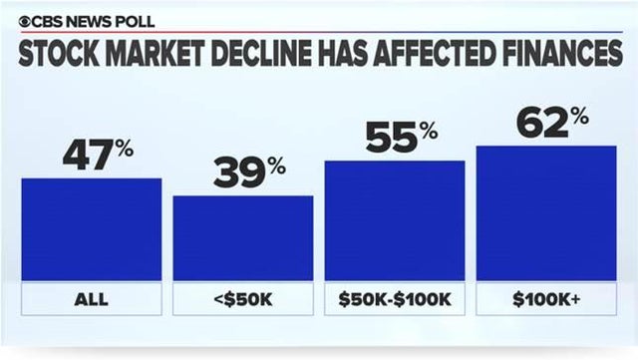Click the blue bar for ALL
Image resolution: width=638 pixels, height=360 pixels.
coord(91,229)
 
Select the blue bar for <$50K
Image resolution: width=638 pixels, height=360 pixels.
coord(242,237)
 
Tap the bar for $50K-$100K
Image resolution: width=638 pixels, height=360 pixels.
coord(395,220)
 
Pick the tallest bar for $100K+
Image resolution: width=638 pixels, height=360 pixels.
coord(546,213)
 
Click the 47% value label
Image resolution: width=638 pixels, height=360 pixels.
coord(98,156)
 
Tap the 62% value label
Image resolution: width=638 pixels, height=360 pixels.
coord(552,123)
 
